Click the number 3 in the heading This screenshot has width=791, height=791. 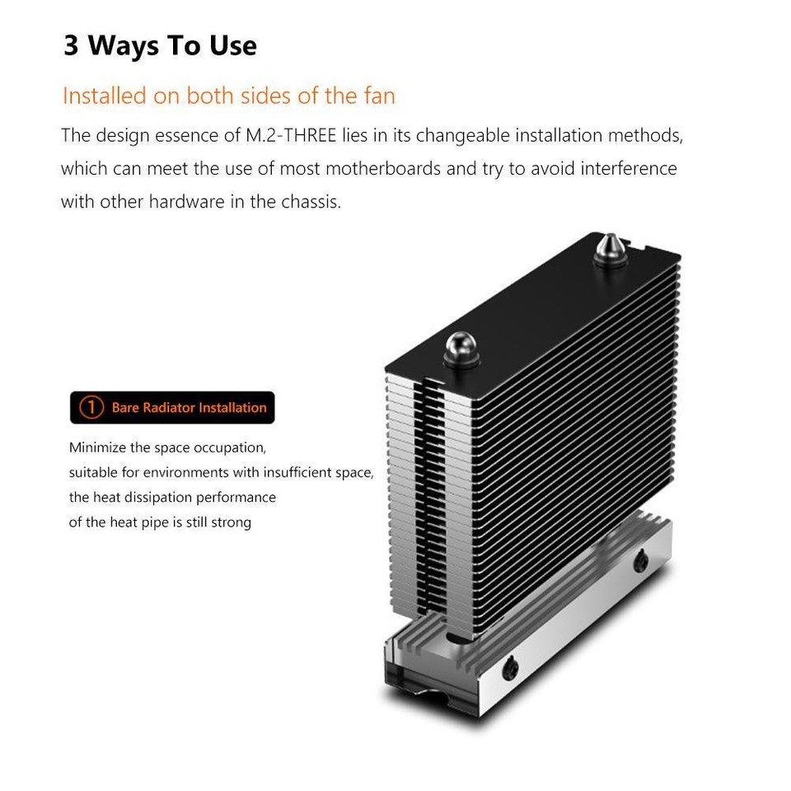[71, 45]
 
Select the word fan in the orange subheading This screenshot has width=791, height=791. [379, 96]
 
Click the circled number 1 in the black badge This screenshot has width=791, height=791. [91, 408]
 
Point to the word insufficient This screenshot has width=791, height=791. [301, 473]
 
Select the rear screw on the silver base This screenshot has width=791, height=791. [640, 561]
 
